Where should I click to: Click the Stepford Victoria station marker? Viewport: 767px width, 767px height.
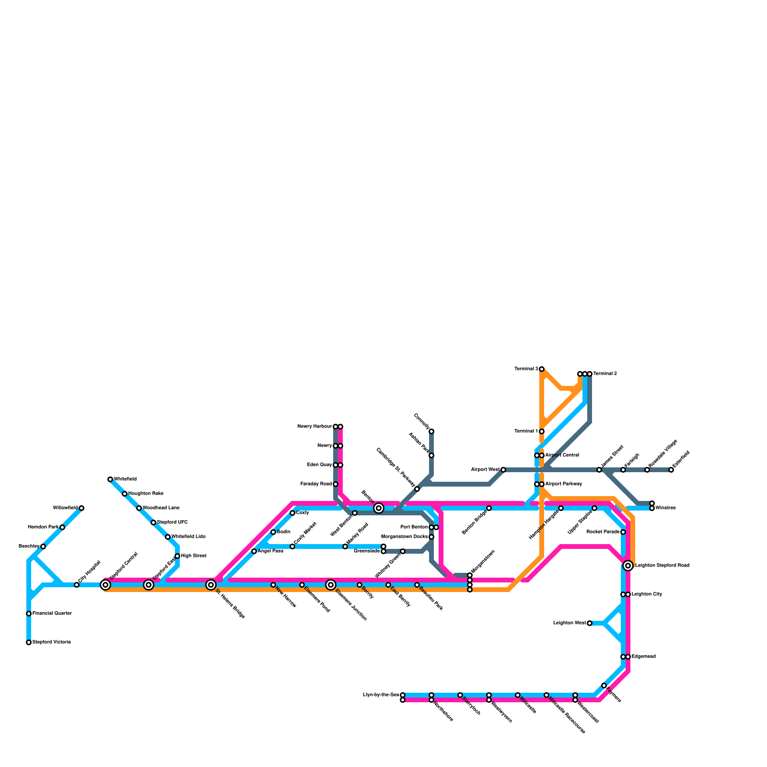pos(29,642)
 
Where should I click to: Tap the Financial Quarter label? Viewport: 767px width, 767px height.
pos(52,614)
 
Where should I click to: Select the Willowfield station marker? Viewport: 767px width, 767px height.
pos(81,508)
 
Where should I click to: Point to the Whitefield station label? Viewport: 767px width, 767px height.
pos(125,479)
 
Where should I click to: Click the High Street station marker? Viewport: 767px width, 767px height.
pos(177,556)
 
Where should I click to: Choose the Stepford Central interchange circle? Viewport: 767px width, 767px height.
pos(105,585)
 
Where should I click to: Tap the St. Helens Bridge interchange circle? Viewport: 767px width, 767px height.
pos(211,585)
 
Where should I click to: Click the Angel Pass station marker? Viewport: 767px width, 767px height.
pos(254,551)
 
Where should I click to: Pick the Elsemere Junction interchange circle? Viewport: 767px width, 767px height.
pos(331,585)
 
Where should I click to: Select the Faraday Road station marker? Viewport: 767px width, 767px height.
pos(336,484)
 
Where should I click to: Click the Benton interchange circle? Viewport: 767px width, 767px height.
pos(379,508)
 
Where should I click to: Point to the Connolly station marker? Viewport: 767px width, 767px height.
pos(431,431)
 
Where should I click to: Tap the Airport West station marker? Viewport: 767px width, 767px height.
pos(503,470)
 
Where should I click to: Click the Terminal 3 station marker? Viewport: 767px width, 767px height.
pos(542,369)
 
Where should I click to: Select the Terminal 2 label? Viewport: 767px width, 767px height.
pos(605,374)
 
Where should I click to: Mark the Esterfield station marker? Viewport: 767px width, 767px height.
pos(671,470)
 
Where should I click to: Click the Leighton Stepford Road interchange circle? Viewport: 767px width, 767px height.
pos(628,566)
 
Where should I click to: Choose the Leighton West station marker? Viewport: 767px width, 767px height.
pos(590,623)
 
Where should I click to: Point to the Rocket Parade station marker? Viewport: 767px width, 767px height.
pos(623,532)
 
